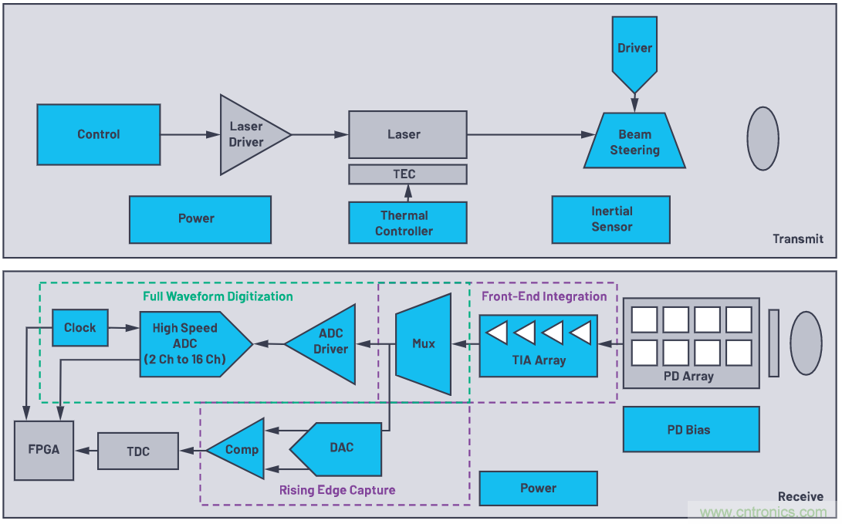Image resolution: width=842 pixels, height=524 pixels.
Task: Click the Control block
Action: (x=99, y=134)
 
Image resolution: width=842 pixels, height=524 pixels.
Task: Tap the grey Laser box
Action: (x=407, y=134)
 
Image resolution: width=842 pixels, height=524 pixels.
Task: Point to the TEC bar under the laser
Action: (x=407, y=174)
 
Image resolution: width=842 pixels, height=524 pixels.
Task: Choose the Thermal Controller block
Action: (x=407, y=223)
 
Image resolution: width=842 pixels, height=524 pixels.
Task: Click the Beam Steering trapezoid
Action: (x=634, y=142)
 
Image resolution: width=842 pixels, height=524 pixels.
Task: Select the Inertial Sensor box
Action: (x=610, y=219)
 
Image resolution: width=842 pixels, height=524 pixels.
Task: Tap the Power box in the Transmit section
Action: (x=199, y=219)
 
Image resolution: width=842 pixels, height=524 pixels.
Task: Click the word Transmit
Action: (x=798, y=239)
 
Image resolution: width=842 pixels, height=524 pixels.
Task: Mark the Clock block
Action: (x=79, y=327)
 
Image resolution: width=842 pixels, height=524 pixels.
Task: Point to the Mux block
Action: (x=424, y=343)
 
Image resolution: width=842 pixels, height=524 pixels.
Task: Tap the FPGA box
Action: (x=44, y=450)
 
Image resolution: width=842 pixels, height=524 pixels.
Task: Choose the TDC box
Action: (x=137, y=451)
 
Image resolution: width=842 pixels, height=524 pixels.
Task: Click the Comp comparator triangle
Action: (x=239, y=450)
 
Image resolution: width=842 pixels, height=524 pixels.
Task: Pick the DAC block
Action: (x=340, y=448)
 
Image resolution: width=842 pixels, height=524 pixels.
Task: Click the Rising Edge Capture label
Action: (x=337, y=490)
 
